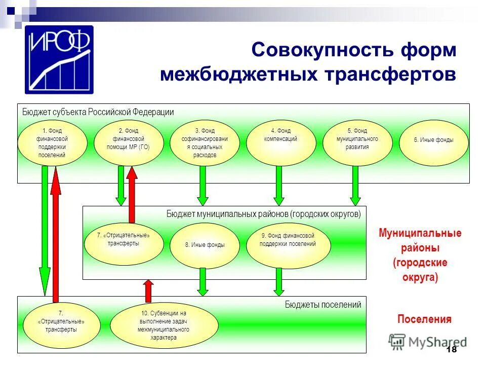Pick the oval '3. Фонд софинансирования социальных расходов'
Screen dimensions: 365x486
coord(205,143)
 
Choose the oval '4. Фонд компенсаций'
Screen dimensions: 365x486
coord(280,142)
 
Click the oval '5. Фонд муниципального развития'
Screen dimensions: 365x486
coord(357,142)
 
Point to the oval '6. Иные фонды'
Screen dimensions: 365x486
coord(433,142)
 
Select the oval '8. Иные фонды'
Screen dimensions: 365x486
coord(205,245)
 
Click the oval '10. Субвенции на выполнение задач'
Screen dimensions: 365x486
coord(164,325)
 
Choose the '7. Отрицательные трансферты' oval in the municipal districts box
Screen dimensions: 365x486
coord(123,242)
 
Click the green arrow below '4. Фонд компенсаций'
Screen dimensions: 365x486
coord(278,186)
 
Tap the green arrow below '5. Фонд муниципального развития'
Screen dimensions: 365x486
coord(355,186)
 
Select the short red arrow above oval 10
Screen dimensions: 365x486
coord(148,290)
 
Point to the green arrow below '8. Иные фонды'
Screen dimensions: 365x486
coord(202,282)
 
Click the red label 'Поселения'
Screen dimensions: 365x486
coord(424,319)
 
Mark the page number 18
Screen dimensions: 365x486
coord(452,350)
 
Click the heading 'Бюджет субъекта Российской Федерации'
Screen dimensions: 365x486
coord(98,112)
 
